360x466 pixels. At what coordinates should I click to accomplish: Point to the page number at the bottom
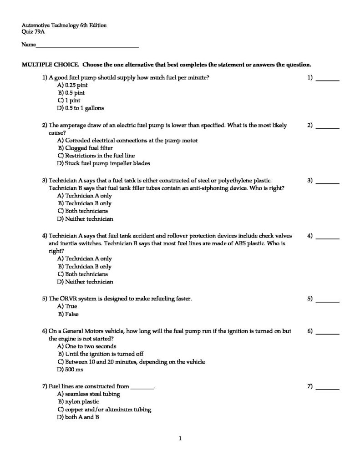[180, 439]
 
